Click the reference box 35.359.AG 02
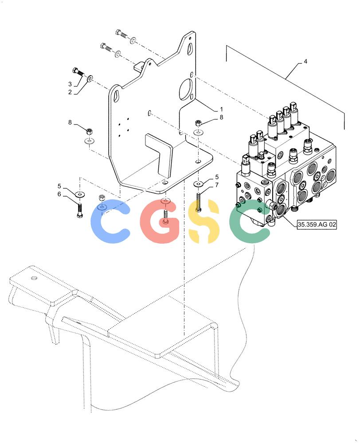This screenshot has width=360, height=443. click(317, 225)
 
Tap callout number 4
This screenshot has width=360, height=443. click(305, 61)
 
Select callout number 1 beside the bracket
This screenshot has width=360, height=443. click(221, 109)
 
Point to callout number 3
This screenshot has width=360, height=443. click(70, 84)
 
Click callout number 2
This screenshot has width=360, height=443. click(70, 93)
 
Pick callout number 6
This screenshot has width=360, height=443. click(59, 194)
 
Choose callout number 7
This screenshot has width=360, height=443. click(217, 185)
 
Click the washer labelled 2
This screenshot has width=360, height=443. click(90, 78)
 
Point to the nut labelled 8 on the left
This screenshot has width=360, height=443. click(89, 132)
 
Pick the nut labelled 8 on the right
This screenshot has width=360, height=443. click(199, 123)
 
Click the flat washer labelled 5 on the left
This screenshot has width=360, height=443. click(81, 194)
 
